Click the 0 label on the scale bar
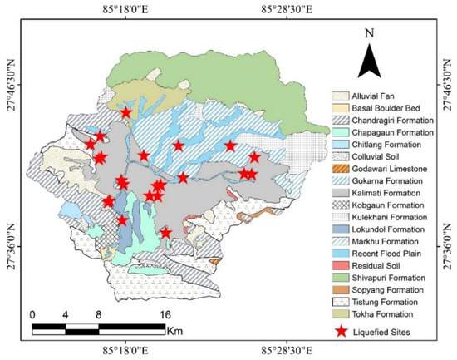[x=32, y=315]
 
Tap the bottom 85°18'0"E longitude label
[x=126, y=352]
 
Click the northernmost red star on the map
[x=125, y=112]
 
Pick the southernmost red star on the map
[x=165, y=233]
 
